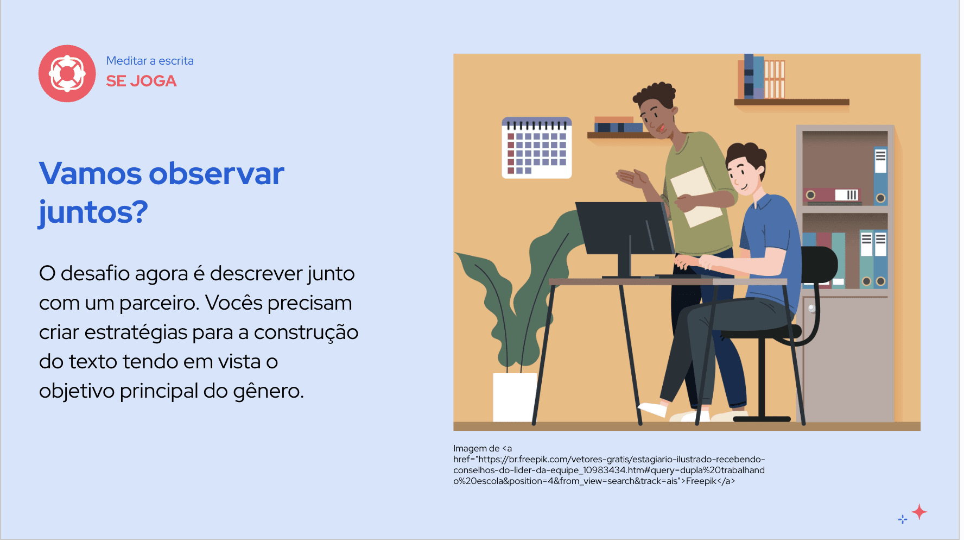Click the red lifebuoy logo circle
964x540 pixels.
pos(67,73)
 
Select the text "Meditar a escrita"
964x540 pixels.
pos(150,61)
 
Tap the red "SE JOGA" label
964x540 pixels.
pos(141,81)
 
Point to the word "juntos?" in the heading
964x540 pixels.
pos(93,212)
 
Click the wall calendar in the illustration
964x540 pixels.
pos(537,148)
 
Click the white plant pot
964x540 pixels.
pos(515,397)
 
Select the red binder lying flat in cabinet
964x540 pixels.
pos(831,195)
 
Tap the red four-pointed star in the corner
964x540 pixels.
pos(919,512)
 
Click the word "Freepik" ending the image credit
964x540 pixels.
pos(701,481)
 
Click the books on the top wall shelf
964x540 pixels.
pos(761,77)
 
